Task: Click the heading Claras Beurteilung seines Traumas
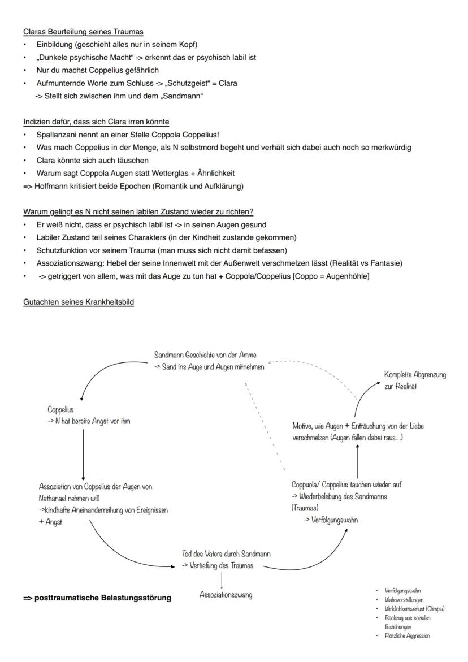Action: click(83, 32)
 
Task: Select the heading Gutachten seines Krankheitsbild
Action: click(79, 302)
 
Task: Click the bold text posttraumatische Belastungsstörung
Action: click(97, 598)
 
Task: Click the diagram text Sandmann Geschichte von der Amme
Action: click(205, 355)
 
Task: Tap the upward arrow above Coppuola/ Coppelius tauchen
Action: click(357, 461)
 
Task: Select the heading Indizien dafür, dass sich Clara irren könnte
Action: click(96, 122)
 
